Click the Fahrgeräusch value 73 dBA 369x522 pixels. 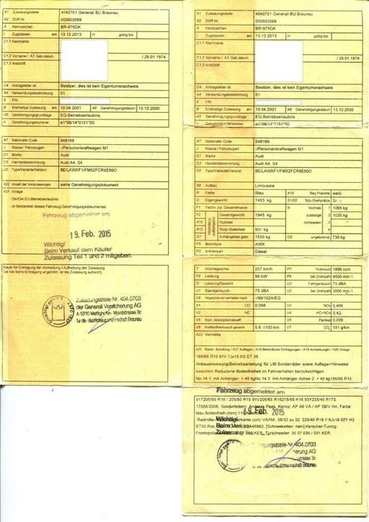coord(339,282)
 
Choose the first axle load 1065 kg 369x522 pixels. coord(341,207)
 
